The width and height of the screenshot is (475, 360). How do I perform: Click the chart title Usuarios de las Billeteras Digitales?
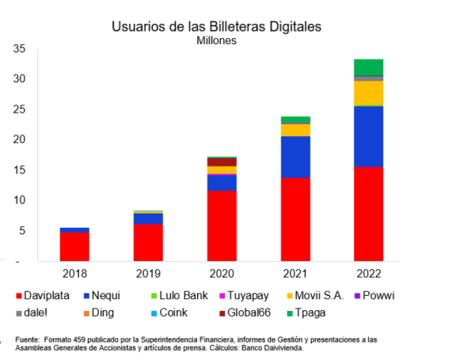click(215, 26)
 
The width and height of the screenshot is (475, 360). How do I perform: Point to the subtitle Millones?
click(216, 40)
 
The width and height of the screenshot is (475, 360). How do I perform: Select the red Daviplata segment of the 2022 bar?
click(367, 214)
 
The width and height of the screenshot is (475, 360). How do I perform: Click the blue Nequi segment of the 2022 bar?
click(367, 136)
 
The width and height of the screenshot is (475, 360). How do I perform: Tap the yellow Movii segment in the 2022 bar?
click(367, 93)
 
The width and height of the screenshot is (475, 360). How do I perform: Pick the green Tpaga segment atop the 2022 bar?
click(367, 66)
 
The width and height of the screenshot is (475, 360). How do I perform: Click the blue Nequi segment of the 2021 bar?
click(294, 157)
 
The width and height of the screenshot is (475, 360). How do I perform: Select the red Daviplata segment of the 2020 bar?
click(221, 225)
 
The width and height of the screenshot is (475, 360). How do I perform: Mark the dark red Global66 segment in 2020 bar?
click(221, 161)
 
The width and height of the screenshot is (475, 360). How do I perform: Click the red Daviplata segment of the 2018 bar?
click(74, 246)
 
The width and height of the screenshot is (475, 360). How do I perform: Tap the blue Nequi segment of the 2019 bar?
click(148, 218)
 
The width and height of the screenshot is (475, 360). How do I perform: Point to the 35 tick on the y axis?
click(20, 49)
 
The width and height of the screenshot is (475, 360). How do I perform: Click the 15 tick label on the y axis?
click(20, 170)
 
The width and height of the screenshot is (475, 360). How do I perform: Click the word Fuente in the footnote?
click(29, 339)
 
